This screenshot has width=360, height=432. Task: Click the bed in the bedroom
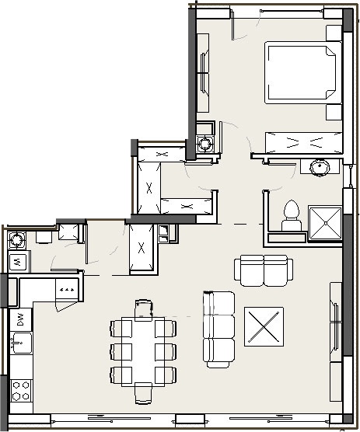(x=303, y=72)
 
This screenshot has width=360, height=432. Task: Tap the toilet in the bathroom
(x=292, y=216)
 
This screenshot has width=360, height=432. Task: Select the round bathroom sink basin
(x=320, y=167)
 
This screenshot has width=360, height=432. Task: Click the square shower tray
(x=325, y=223)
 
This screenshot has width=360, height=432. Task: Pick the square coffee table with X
(x=264, y=326)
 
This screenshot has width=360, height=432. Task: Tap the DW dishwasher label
(x=21, y=319)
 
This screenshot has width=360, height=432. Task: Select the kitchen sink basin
(x=21, y=343)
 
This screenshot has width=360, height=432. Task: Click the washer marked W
(x=18, y=262)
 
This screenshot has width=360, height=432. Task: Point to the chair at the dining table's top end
(x=143, y=310)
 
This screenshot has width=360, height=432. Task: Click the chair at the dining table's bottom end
(x=143, y=393)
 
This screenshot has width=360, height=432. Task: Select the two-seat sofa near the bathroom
(x=264, y=270)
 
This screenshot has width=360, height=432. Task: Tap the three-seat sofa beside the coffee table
(x=218, y=329)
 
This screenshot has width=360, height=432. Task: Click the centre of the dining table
(x=143, y=352)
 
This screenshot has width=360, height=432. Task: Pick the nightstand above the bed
(x=334, y=33)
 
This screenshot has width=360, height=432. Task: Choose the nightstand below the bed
(x=334, y=112)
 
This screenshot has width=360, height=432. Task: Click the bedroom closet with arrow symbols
(x=304, y=142)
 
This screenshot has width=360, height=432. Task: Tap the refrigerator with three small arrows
(x=67, y=289)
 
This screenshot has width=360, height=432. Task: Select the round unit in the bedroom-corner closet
(x=204, y=144)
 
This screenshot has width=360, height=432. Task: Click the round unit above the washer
(x=16, y=239)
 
